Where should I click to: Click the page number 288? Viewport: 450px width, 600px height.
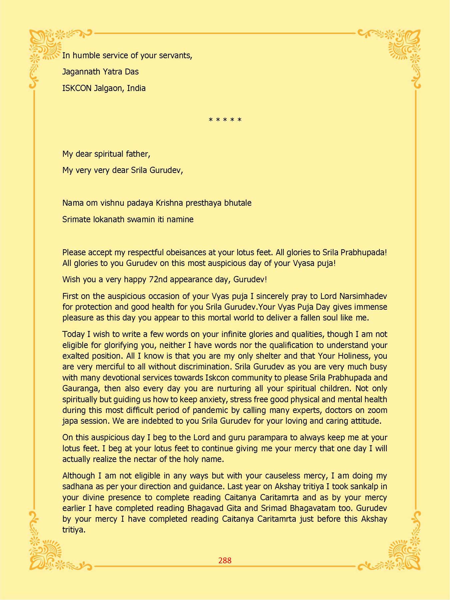(225, 560)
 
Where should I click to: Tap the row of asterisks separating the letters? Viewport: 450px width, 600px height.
(225, 120)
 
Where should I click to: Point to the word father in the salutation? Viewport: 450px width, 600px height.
(138, 154)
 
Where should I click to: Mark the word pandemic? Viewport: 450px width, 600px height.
(213, 410)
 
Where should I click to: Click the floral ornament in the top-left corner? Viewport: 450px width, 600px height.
(45, 45)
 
